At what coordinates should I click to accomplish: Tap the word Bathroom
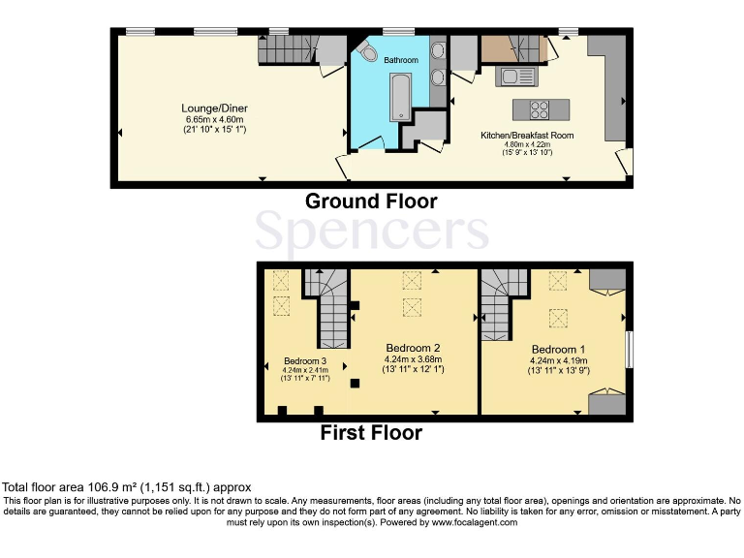pyautogui.click(x=401, y=60)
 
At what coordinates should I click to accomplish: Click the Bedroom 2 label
pyautogui.click(x=414, y=348)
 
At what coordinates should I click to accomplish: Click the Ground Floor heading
pyautogui.click(x=371, y=202)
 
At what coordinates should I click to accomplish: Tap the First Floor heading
pyautogui.click(x=371, y=433)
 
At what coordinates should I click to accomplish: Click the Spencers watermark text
pyautogui.click(x=371, y=232)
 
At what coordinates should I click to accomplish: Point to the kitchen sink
pyautogui.click(x=515, y=77)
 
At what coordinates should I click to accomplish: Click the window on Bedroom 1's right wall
pyautogui.click(x=630, y=350)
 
